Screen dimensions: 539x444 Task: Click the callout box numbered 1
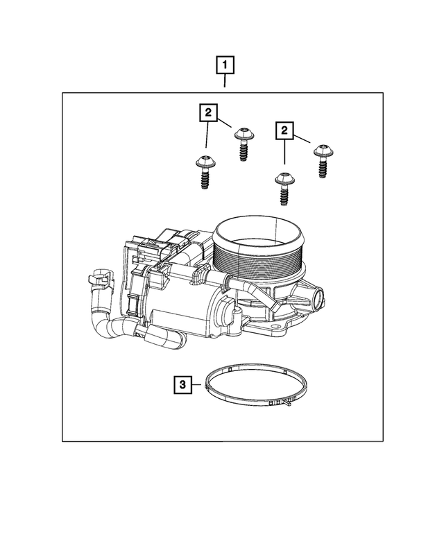coord(225,66)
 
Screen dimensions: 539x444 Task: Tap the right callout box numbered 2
coord(284,130)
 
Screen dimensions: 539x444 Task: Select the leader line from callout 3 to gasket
coord(196,383)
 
